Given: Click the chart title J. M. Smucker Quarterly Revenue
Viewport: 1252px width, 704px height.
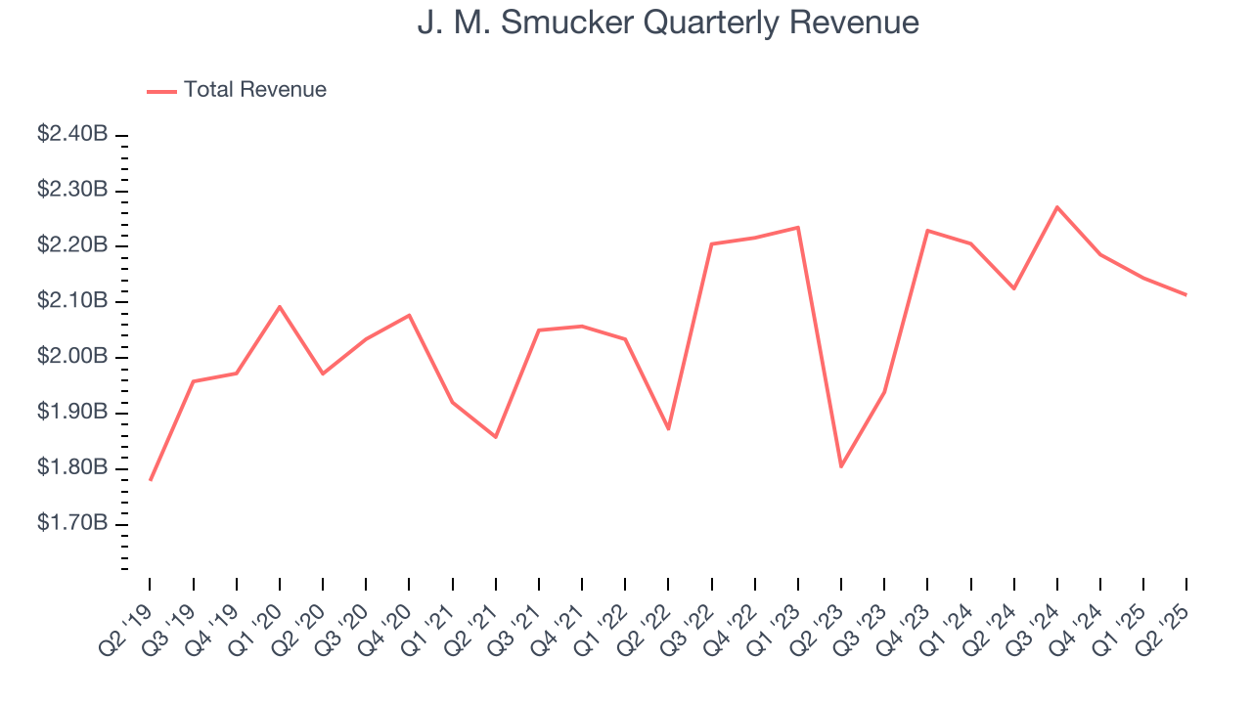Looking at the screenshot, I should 668,22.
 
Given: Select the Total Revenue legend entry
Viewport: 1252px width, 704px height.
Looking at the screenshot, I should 237,90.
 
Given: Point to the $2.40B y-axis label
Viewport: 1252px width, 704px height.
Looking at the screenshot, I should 72,134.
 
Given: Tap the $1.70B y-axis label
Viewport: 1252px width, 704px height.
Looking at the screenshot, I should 72,524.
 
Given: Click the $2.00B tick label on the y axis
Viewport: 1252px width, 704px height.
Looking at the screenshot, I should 72,357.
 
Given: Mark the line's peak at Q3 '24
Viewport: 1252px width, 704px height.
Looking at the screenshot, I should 1057,207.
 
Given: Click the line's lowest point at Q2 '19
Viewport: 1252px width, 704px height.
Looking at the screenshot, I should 150,480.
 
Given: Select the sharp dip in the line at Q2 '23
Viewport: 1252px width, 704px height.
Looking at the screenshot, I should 841,466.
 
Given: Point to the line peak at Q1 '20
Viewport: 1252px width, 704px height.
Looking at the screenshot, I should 280,307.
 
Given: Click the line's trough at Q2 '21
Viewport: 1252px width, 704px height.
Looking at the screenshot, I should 496,436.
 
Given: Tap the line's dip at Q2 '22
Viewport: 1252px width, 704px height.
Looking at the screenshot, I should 668,429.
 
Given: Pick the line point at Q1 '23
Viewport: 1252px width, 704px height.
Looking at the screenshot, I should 798,228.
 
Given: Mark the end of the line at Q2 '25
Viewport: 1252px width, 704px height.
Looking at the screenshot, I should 1186,294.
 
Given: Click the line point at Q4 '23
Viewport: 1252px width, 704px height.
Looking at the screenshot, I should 927,231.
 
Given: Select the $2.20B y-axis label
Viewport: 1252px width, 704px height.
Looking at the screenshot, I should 72,245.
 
